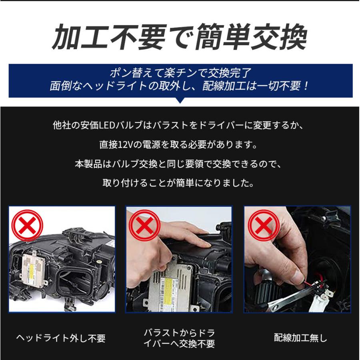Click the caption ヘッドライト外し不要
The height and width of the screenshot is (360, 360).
click(61, 338)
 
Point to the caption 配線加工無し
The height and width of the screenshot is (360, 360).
click(300, 338)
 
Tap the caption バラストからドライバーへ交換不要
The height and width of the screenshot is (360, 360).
click(179, 338)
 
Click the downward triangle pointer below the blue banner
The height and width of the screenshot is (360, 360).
click(180, 100)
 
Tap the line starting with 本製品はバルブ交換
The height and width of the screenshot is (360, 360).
click(179, 164)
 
